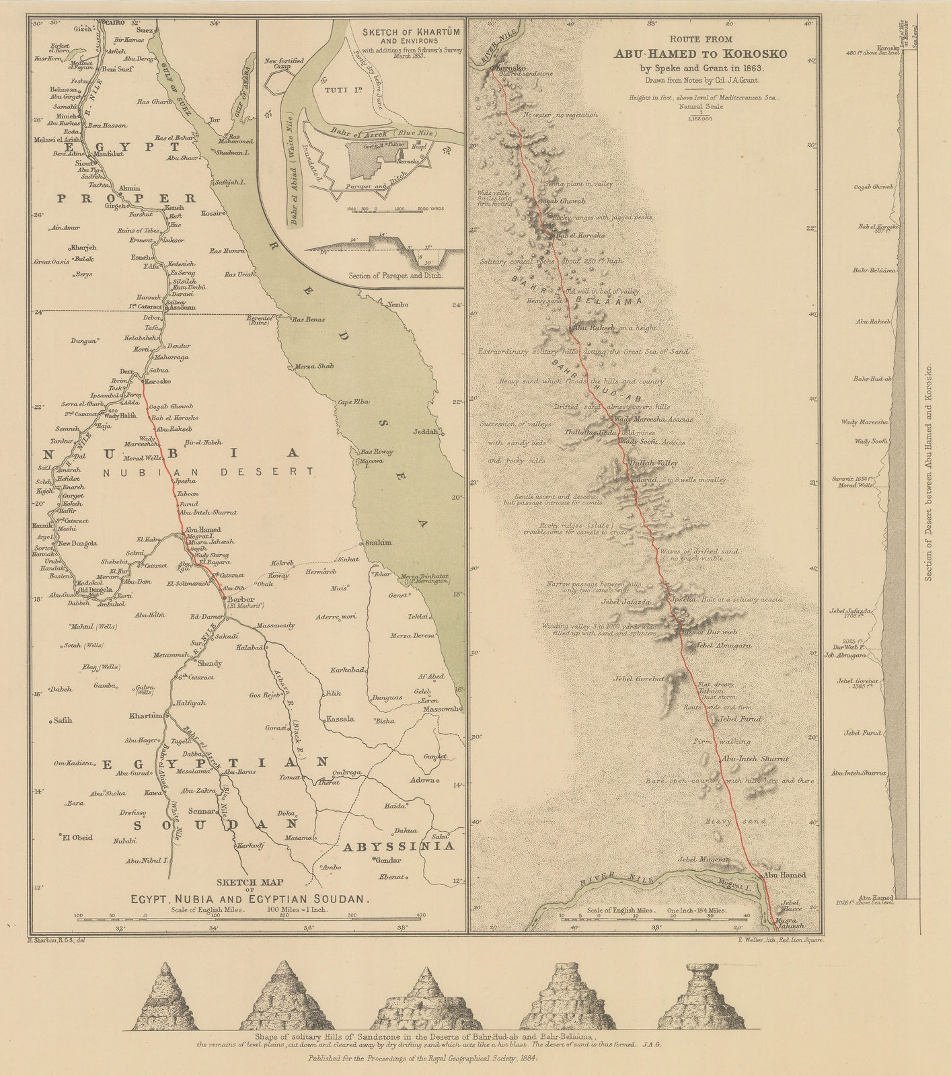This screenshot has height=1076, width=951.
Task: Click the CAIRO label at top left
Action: [113, 22]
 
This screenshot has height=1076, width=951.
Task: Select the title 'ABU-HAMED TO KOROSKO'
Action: [696, 55]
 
